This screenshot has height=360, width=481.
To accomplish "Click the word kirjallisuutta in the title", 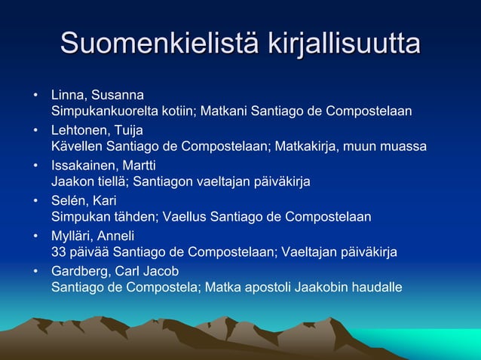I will pos(344,43).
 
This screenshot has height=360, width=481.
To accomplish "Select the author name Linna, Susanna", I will pos(97,96).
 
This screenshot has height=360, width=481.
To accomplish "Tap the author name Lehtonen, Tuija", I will pos(97,130).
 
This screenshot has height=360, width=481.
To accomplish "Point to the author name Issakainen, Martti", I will pos(103,165).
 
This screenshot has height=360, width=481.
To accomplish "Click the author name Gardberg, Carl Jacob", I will pos(115,270).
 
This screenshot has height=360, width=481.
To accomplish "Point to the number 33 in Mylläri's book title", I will pos(59,252).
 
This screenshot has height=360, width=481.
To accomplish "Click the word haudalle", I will pos(377,287).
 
